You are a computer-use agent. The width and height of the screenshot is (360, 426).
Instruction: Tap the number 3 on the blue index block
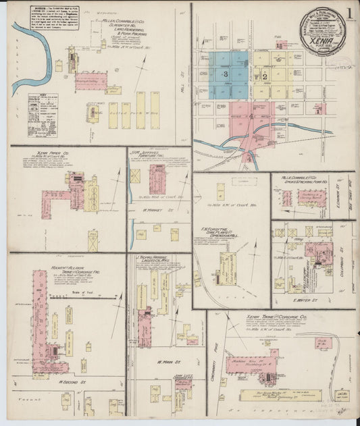(225, 72)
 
